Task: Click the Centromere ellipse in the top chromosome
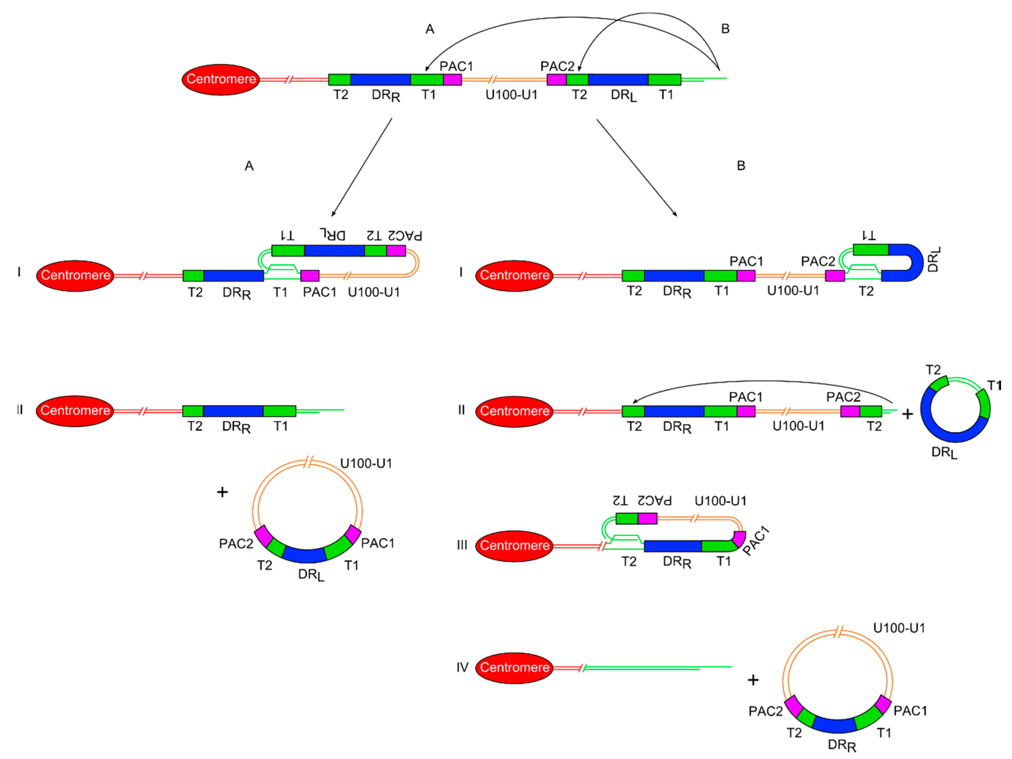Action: click(x=221, y=79)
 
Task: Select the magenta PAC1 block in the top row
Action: click(x=452, y=79)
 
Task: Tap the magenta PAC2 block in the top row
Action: click(x=556, y=79)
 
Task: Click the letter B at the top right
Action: click(x=725, y=29)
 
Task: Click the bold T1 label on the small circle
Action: click(x=994, y=386)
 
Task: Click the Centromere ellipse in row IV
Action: click(x=514, y=668)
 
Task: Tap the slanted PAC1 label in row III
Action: click(x=755, y=541)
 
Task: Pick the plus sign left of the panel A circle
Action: click(x=222, y=492)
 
